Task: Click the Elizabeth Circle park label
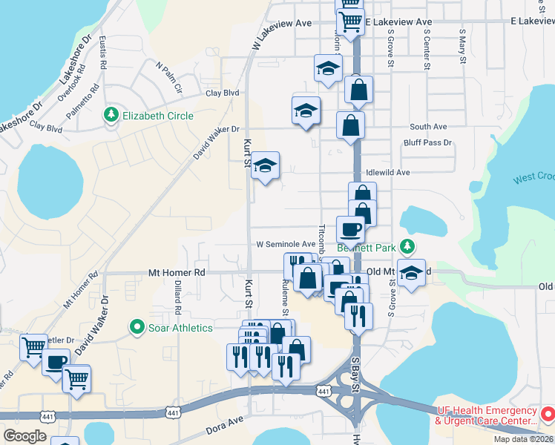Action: tap(157, 116)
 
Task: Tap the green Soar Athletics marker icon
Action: tap(137, 326)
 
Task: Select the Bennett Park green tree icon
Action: tap(406, 246)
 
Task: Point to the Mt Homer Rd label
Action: tap(176, 273)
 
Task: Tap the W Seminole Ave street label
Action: tap(286, 244)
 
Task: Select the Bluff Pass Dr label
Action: tap(427, 142)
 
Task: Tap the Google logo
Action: tap(25, 436)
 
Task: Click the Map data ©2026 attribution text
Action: tap(523, 439)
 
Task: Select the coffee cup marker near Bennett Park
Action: tap(350, 228)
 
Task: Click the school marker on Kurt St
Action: tap(265, 165)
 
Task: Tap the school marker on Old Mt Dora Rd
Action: tap(411, 272)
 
